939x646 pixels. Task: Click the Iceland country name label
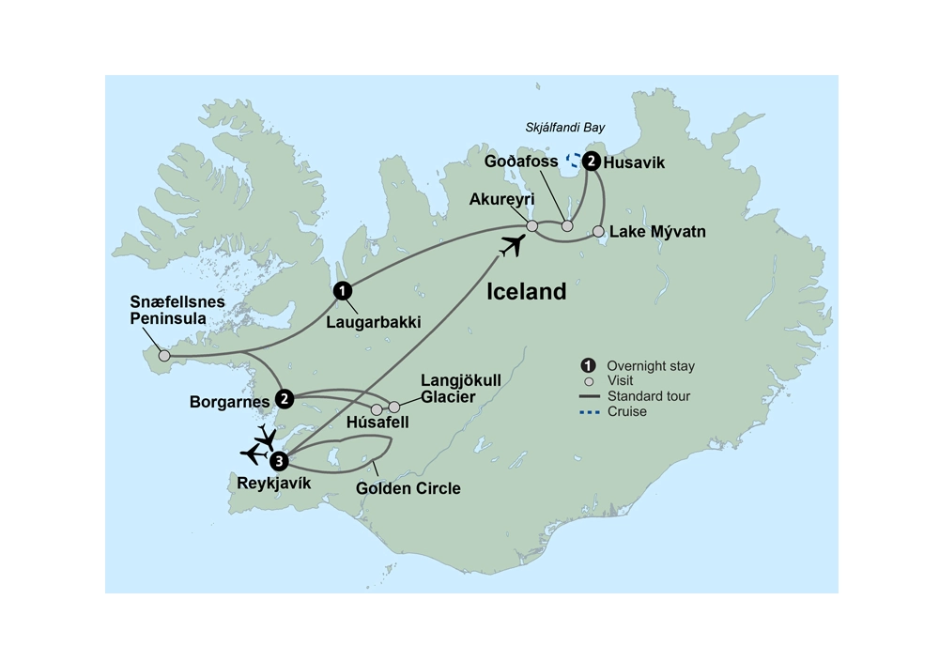coord(526,292)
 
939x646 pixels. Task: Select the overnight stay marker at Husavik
coord(591,161)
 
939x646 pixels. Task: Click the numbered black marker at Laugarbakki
coord(343,290)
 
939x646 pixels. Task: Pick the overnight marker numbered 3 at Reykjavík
coord(278,461)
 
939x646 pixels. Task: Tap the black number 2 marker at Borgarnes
coord(285,399)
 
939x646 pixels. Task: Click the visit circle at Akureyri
coord(531,226)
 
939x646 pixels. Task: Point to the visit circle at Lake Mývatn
coord(598,231)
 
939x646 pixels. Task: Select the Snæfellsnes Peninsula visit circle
coord(164,356)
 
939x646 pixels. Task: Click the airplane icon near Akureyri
coord(512,247)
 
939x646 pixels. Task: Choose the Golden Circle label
coord(408,488)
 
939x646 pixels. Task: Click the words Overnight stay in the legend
coord(651,366)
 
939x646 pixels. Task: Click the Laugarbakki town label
coord(374,322)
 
